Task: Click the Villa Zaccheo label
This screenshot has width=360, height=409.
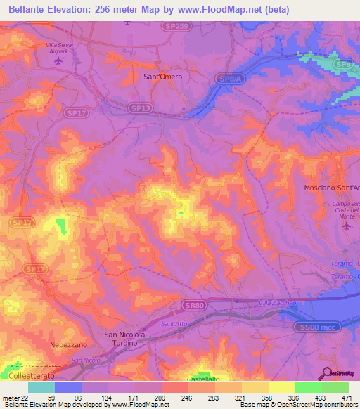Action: (x=275, y=302)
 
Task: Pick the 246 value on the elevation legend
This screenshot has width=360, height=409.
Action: (x=174, y=397)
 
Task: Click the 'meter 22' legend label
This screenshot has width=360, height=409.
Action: (x=13, y=397)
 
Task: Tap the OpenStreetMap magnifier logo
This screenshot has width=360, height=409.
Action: (x=327, y=374)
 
